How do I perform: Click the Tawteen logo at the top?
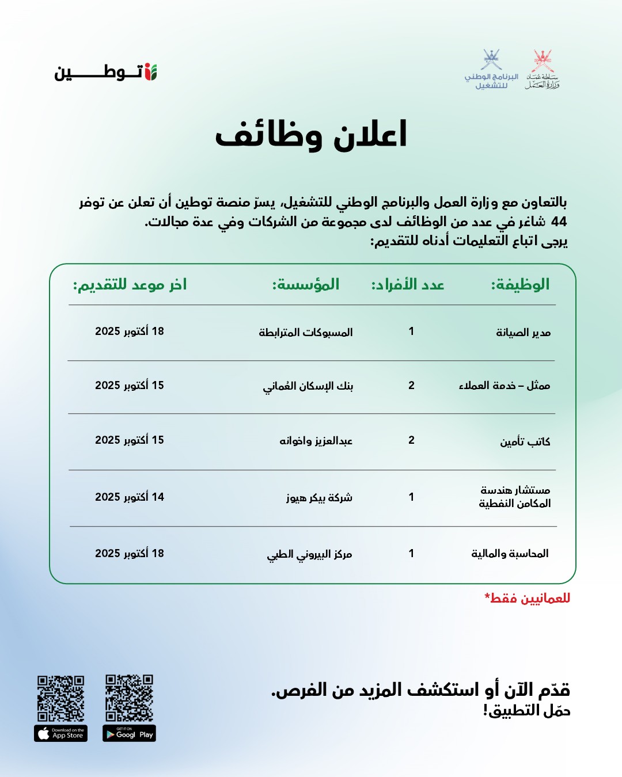(x=106, y=73)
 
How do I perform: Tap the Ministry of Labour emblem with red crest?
(x=542, y=70)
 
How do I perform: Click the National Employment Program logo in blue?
(x=491, y=70)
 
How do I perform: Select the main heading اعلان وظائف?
(x=311, y=135)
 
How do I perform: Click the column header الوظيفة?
(x=520, y=284)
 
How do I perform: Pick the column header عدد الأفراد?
(x=408, y=284)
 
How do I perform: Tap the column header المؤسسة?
(x=306, y=284)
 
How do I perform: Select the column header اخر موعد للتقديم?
(x=130, y=284)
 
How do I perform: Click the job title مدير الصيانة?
(x=523, y=332)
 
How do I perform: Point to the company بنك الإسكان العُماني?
(x=308, y=386)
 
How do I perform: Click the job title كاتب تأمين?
(x=525, y=441)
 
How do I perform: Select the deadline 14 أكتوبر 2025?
(x=130, y=497)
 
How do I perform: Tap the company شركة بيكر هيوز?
(x=319, y=497)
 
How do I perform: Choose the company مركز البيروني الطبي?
(x=309, y=554)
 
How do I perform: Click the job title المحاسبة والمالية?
(x=510, y=553)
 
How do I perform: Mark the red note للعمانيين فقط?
(x=528, y=599)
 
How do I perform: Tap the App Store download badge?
(x=60, y=734)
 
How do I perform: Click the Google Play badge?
(x=129, y=734)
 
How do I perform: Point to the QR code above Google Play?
(x=129, y=698)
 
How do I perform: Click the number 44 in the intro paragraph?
(x=559, y=222)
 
